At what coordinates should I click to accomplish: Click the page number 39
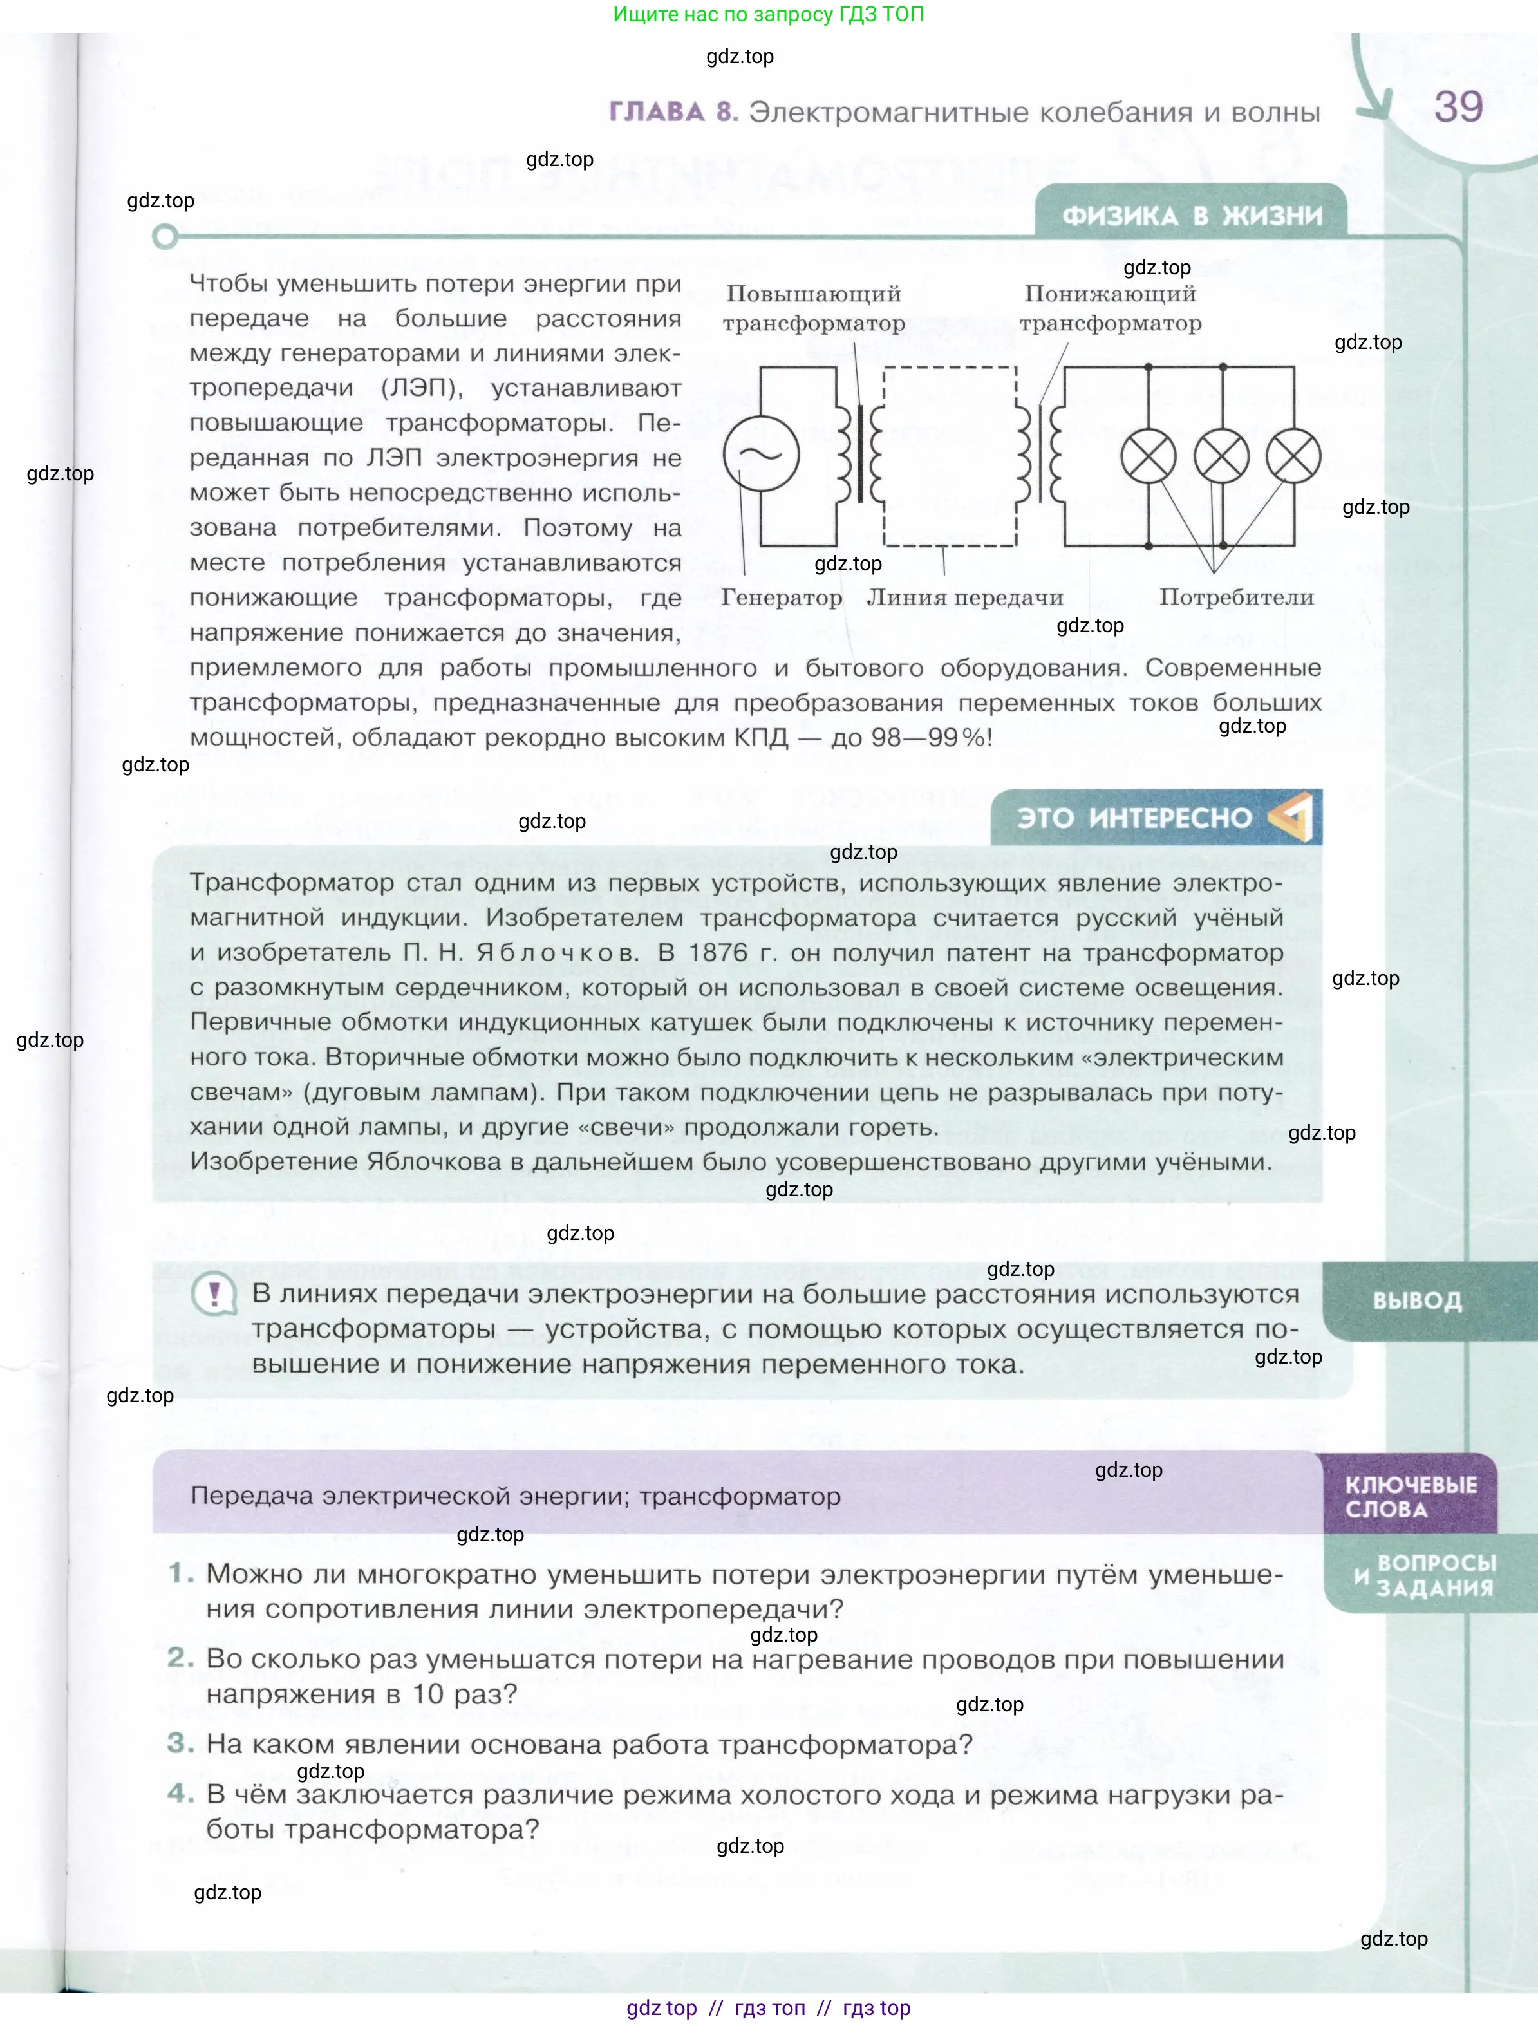pyautogui.click(x=1458, y=107)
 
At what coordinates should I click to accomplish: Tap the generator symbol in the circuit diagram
pyautogui.click(x=760, y=453)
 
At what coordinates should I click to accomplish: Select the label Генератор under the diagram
pyautogui.click(x=782, y=597)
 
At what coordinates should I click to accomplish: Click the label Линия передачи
pyautogui.click(x=964, y=597)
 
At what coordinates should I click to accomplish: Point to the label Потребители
pyautogui.click(x=1235, y=597)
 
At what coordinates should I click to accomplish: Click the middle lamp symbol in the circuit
pyautogui.click(x=1221, y=455)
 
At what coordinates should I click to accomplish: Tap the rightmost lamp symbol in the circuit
pyautogui.click(x=1293, y=455)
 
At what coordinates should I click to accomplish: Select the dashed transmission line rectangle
pyautogui.click(x=950, y=456)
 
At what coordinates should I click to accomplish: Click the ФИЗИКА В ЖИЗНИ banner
pyautogui.click(x=1191, y=215)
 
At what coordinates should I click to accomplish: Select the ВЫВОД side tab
pyautogui.click(x=1416, y=1300)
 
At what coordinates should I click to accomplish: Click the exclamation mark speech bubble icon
pyautogui.click(x=214, y=1295)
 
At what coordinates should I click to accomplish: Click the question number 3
pyautogui.click(x=180, y=1743)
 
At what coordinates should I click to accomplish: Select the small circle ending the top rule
pyautogui.click(x=165, y=237)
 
